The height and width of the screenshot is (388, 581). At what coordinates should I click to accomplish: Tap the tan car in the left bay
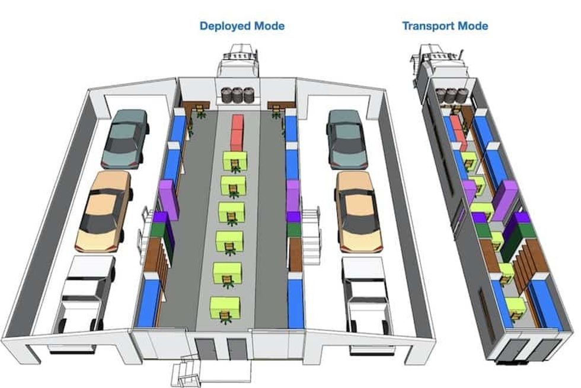click(104, 211)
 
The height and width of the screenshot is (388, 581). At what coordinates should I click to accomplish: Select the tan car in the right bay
click(358, 212)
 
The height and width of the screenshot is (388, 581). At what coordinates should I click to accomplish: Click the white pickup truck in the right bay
click(367, 295)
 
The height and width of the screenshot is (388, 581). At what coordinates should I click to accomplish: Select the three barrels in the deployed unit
click(238, 95)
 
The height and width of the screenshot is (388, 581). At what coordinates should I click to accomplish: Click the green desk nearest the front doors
click(225, 309)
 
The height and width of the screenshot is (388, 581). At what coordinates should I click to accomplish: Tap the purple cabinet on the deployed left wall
click(169, 198)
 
